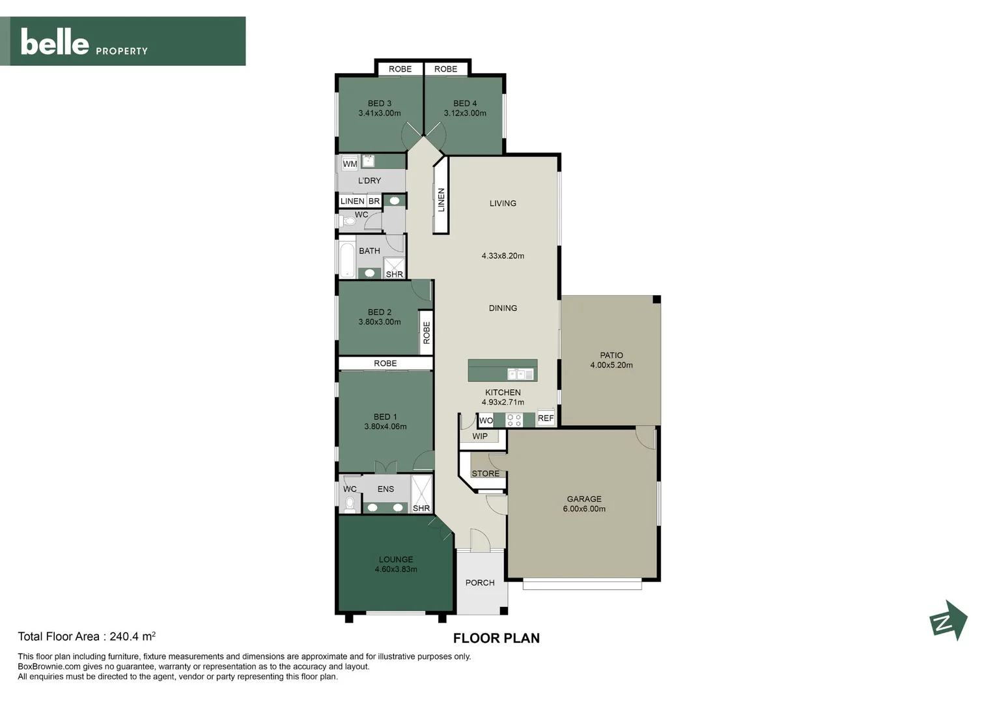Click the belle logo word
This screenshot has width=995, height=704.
click(55, 42)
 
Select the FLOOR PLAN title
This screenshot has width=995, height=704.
click(496, 638)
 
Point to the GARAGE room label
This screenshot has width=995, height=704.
click(583, 499)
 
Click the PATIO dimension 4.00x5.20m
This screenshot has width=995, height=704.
click(611, 365)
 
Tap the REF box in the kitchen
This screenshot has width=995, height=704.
click(545, 418)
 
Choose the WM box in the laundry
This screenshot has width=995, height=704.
click(350, 164)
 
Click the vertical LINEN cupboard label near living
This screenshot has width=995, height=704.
click(441, 199)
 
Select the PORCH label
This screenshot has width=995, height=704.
click(479, 583)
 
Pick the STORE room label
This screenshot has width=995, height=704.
click(485, 473)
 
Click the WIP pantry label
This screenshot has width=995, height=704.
click(479, 436)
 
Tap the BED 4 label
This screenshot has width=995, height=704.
click(465, 103)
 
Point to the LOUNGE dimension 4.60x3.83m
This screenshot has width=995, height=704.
click(395, 569)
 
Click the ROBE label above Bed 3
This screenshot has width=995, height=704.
click(400, 69)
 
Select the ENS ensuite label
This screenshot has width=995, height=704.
click(385, 489)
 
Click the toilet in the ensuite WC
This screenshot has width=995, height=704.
click(350, 503)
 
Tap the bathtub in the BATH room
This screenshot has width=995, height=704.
click(347, 260)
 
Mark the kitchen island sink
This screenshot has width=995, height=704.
click(520, 374)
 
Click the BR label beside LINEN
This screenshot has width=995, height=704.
click(374, 201)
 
